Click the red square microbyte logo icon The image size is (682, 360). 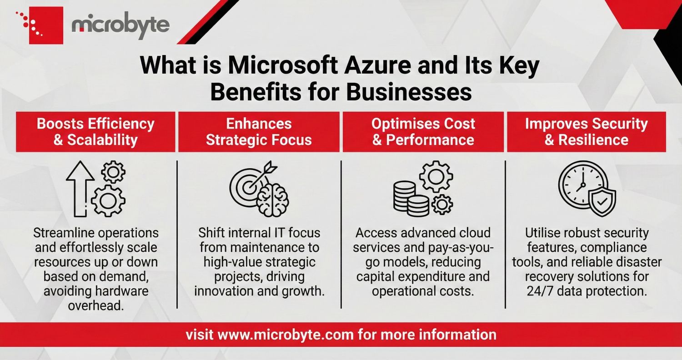(46, 25)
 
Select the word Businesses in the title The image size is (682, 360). (409, 93)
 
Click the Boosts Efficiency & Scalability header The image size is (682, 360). (95, 132)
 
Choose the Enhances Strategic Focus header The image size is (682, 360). (259, 132)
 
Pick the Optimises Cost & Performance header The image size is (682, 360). (423, 132)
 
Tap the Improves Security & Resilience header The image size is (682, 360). (587, 132)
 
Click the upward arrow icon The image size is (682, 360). (80, 189)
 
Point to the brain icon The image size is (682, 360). (273, 200)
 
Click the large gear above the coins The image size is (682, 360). (436, 176)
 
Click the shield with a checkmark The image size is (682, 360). (602, 201)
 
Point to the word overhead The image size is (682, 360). (96, 305)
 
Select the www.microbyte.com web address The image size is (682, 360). (286, 335)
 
